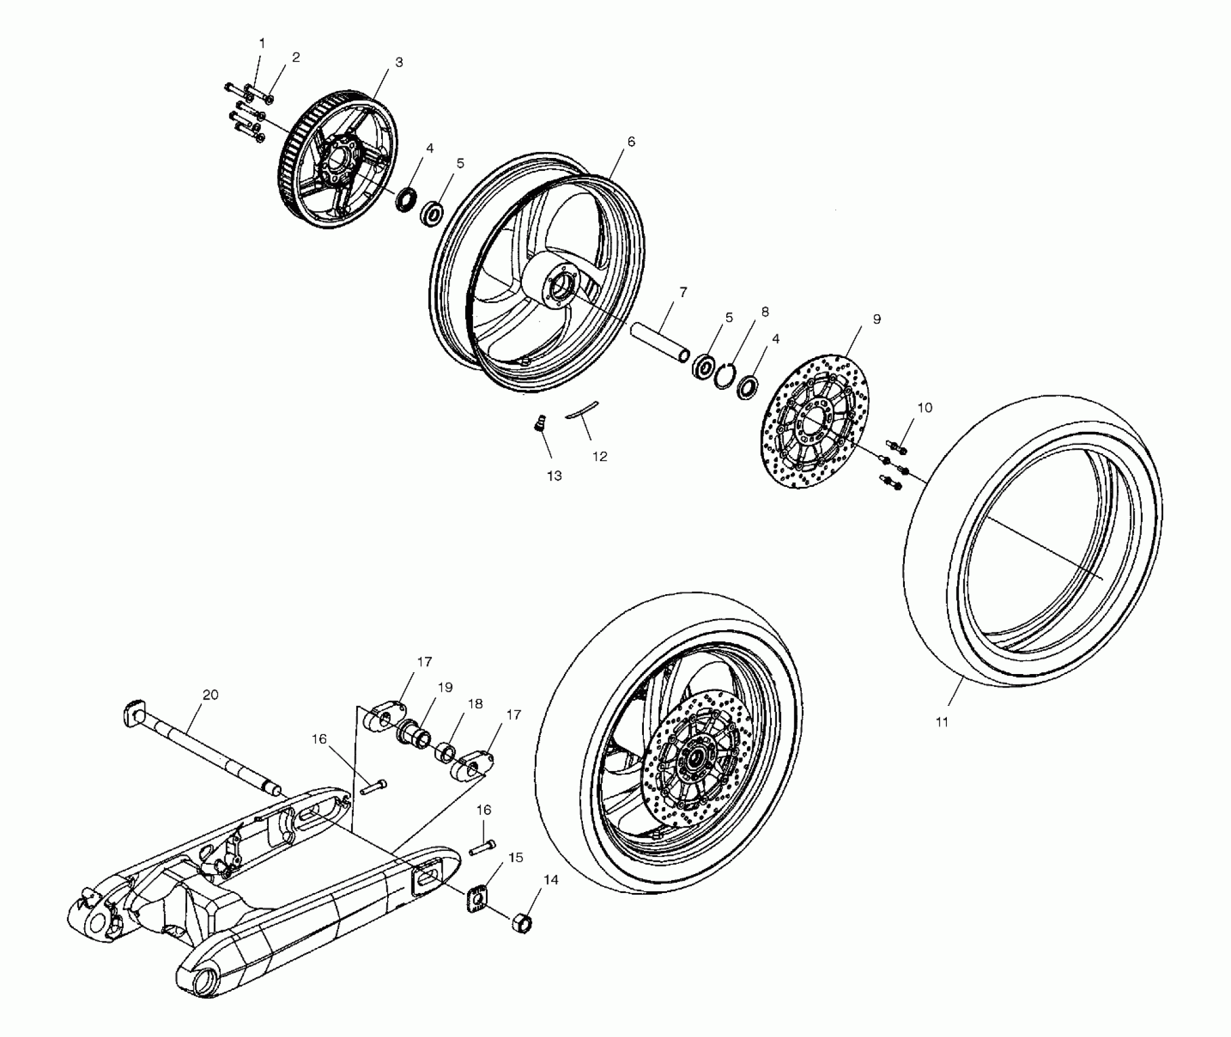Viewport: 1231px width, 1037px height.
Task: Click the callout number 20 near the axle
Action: (x=210, y=694)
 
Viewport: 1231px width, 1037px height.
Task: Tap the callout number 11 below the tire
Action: (x=942, y=722)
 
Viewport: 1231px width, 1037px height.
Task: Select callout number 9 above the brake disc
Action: (x=876, y=319)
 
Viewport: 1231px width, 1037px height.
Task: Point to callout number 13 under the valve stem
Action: (x=554, y=476)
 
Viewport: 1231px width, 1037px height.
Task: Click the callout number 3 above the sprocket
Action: (x=399, y=62)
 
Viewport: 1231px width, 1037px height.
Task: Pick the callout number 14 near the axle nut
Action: (x=551, y=880)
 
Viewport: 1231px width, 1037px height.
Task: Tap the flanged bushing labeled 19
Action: (x=410, y=730)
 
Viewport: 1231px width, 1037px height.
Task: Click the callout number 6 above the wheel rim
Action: (x=630, y=142)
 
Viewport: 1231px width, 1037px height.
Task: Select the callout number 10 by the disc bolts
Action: (x=924, y=407)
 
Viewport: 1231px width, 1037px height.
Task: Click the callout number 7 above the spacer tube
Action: (x=682, y=292)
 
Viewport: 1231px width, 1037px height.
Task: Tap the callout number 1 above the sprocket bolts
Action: (x=262, y=43)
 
